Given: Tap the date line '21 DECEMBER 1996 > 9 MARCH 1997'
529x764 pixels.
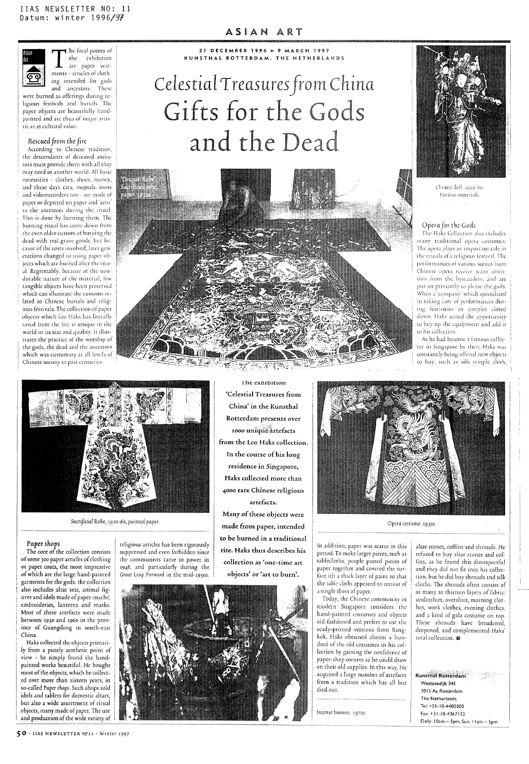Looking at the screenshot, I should tap(264, 50).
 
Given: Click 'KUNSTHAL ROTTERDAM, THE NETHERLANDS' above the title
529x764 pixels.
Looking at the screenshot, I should tap(264, 58).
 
